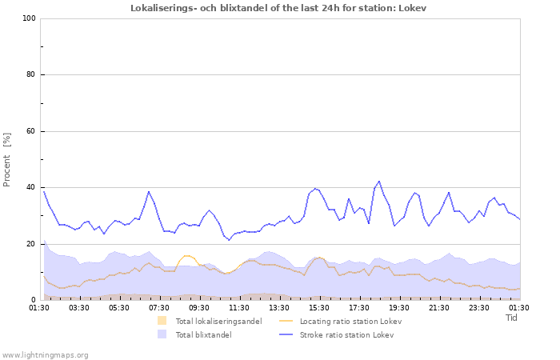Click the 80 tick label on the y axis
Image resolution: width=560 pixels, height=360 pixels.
pos(31,75)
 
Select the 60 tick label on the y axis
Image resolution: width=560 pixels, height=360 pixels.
pos(31,131)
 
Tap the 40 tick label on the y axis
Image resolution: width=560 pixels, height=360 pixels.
pos(31,188)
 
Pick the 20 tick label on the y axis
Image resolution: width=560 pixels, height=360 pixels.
pos(31,244)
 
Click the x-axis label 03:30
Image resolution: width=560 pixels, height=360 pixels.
pos(79,307)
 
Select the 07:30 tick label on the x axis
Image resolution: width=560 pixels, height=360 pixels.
pos(159,307)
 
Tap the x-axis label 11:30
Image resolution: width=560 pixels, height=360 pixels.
pos(239,307)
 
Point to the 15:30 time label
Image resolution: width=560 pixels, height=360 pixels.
pos(319,307)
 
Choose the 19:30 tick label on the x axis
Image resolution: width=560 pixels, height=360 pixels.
pos(399,307)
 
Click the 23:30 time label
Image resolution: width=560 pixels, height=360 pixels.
pos(479,307)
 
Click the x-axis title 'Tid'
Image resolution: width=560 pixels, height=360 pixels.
pos(512,318)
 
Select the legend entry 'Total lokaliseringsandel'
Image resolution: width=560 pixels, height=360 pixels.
pos(218,321)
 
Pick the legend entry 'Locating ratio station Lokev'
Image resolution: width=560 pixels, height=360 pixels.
pos(350,321)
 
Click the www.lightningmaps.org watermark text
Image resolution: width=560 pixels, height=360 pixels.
pos(45,354)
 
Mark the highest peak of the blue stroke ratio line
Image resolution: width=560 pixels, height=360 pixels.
pos(379,181)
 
